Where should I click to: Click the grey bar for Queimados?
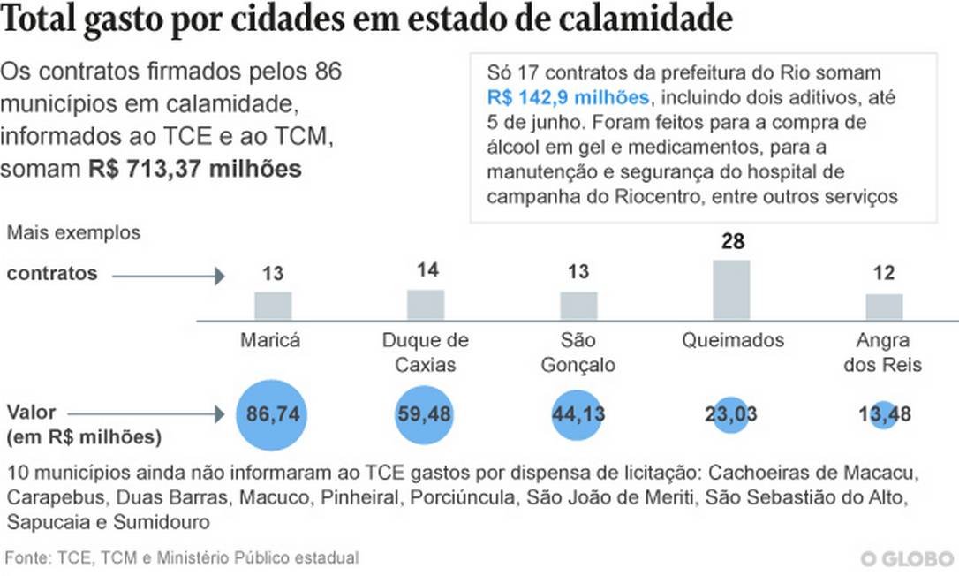(x=731, y=289)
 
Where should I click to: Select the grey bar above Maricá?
(x=273, y=305)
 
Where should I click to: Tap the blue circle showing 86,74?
(x=272, y=414)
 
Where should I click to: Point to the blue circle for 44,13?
(x=578, y=414)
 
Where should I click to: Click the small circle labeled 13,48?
(x=883, y=414)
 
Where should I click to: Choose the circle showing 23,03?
(x=731, y=414)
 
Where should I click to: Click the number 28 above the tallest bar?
(x=732, y=241)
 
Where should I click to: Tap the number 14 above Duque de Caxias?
(x=427, y=270)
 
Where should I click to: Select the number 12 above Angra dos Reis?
(x=883, y=274)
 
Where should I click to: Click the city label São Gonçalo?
(x=578, y=352)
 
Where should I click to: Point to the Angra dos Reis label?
(x=883, y=352)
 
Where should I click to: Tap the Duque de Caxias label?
(x=426, y=352)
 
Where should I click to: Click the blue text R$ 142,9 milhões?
(x=568, y=97)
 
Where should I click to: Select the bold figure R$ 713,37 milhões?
(x=195, y=169)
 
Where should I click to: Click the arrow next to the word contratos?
(x=169, y=277)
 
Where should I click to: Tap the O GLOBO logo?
(x=906, y=559)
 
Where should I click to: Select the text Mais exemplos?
(x=73, y=233)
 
